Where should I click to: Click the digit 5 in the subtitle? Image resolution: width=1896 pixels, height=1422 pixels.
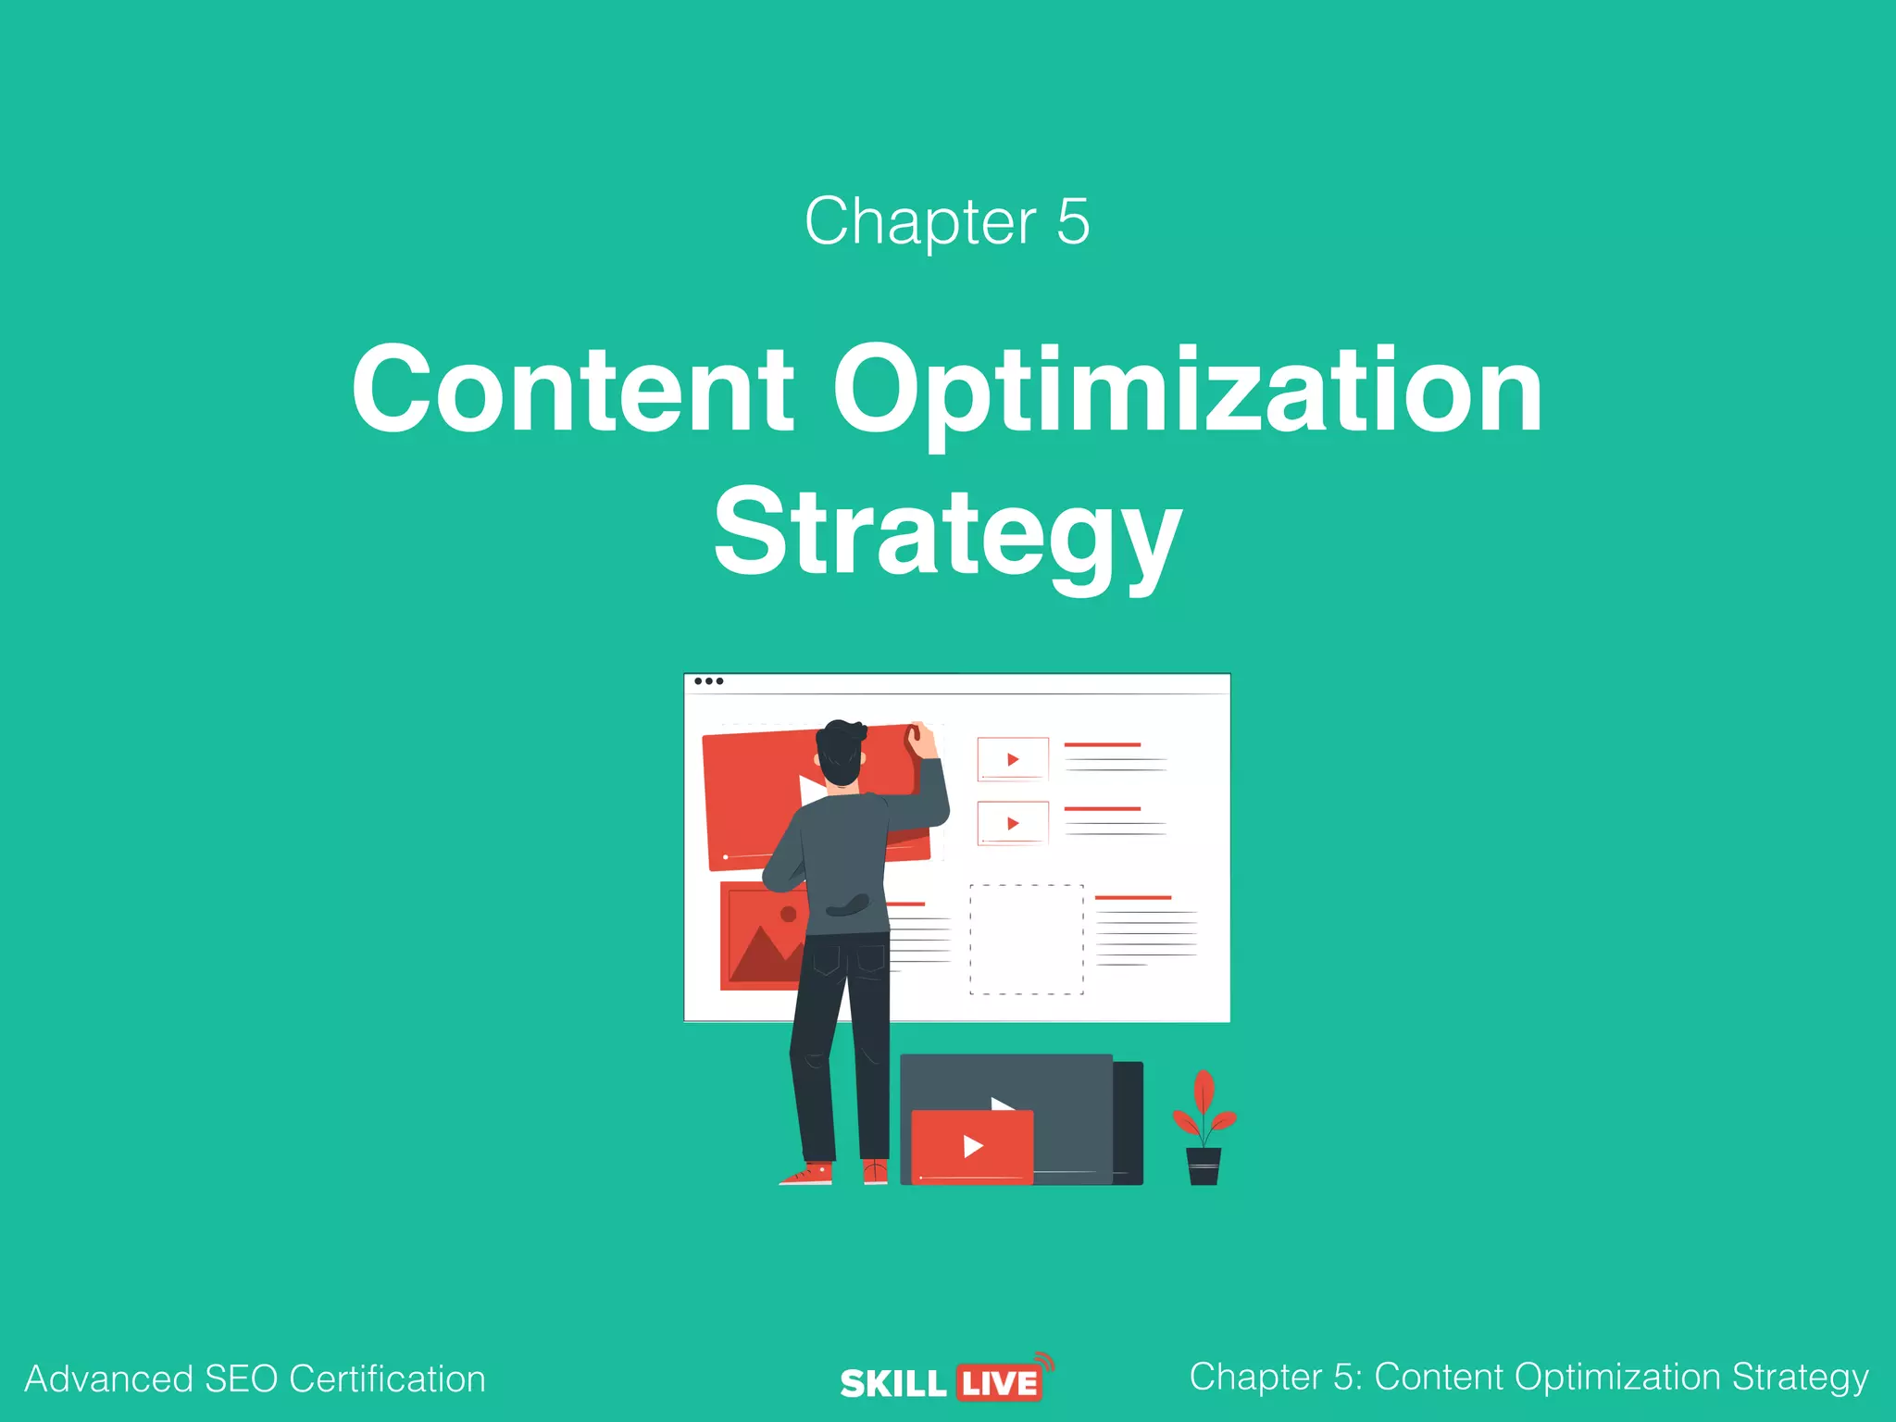(x=1073, y=221)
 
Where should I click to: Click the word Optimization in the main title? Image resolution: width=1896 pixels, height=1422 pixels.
(x=1188, y=390)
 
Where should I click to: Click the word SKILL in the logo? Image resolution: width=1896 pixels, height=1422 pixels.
(x=892, y=1384)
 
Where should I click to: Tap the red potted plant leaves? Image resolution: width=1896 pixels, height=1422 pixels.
(x=1204, y=1107)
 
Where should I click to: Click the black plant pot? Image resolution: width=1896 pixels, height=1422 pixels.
(x=1204, y=1166)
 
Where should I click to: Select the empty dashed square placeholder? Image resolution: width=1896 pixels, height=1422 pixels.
(x=1026, y=939)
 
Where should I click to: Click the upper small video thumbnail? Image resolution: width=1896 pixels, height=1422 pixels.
(x=1013, y=759)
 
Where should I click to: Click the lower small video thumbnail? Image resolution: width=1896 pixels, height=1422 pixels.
(x=1013, y=823)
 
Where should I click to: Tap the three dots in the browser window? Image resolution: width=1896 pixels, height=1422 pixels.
(x=709, y=681)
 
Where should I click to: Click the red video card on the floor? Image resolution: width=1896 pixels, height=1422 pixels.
(x=972, y=1146)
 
